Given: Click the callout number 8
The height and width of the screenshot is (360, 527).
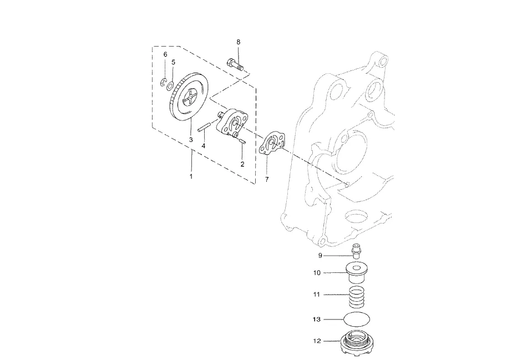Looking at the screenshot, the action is (239, 42).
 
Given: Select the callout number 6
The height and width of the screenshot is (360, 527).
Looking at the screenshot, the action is (165, 54).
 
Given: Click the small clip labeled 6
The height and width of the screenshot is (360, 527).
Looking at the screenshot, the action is (164, 82).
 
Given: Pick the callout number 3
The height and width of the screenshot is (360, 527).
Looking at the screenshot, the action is (191, 139).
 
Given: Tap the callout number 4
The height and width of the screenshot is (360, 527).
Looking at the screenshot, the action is (203, 146).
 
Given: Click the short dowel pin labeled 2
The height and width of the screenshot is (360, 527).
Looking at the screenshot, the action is (243, 142).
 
